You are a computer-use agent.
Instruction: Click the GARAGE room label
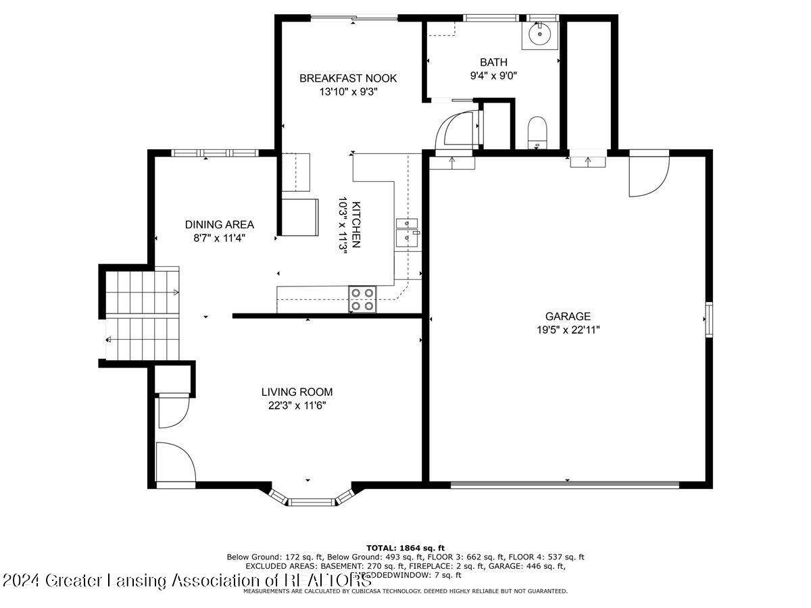click(x=568, y=316)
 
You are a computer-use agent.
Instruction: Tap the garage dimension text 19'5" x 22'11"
click(x=568, y=330)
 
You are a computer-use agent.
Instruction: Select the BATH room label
click(x=493, y=63)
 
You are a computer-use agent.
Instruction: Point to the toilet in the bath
click(x=537, y=130)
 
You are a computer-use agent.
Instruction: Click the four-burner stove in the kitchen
click(x=363, y=299)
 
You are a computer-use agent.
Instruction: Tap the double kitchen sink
click(x=407, y=230)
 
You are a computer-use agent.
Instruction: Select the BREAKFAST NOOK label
click(x=348, y=78)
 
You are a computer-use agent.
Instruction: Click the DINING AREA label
click(x=220, y=225)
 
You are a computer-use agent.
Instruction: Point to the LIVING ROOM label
click(x=297, y=392)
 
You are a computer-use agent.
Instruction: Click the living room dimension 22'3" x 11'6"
click(x=297, y=405)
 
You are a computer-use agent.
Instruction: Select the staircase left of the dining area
click(x=143, y=315)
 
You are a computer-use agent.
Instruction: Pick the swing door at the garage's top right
click(x=647, y=175)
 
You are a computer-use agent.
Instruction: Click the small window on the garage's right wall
click(x=708, y=320)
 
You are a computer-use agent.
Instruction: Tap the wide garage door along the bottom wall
click(x=564, y=484)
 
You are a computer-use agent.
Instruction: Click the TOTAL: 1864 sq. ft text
click(x=405, y=547)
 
